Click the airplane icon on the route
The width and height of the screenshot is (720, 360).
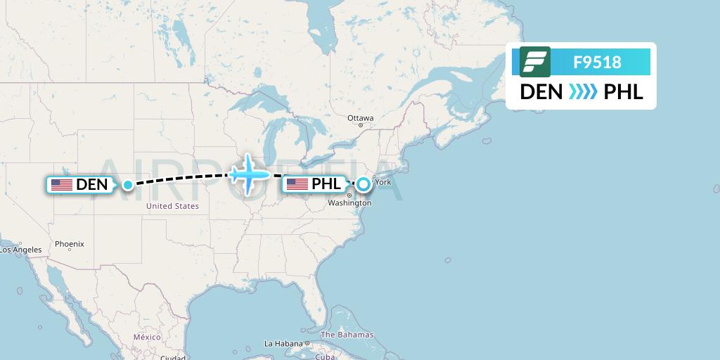click(x=248, y=173)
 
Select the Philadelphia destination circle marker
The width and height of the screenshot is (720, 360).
click(x=363, y=185)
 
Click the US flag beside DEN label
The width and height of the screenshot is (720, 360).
click(x=62, y=185)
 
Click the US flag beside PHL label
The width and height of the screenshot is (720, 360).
click(x=297, y=184)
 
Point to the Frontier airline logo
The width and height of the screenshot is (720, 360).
click(x=535, y=62)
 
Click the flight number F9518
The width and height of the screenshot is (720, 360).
click(x=597, y=62)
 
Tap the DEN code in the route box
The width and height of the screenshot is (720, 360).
click(x=541, y=92)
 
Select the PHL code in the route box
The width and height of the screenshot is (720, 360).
click(x=624, y=92)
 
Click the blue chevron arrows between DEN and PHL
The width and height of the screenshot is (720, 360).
click(x=582, y=92)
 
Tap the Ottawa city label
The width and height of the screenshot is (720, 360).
click(x=361, y=117)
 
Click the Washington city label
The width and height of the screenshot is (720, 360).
click(x=349, y=202)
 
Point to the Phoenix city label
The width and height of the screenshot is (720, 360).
click(x=70, y=244)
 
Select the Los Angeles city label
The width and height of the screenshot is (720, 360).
click(x=20, y=250)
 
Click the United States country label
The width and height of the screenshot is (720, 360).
click(x=172, y=206)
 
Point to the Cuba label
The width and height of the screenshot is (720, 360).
click(x=325, y=356)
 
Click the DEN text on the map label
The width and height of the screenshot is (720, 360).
click(x=92, y=185)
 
